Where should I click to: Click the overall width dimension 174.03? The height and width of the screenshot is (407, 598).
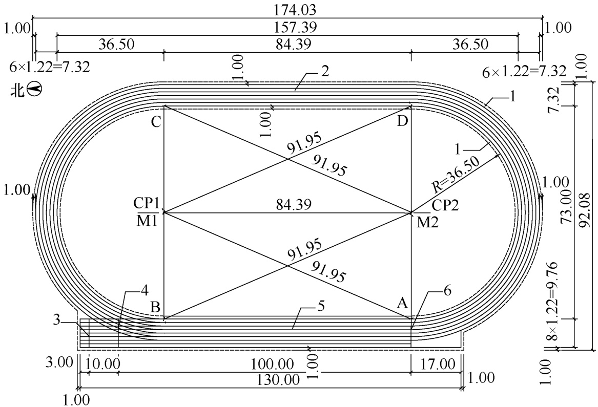click(295, 10)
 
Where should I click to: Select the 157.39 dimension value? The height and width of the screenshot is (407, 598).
click(295, 28)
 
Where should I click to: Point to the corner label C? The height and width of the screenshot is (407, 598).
click(156, 122)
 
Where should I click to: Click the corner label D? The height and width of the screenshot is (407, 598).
click(402, 121)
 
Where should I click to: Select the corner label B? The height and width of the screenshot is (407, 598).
click(155, 307)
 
